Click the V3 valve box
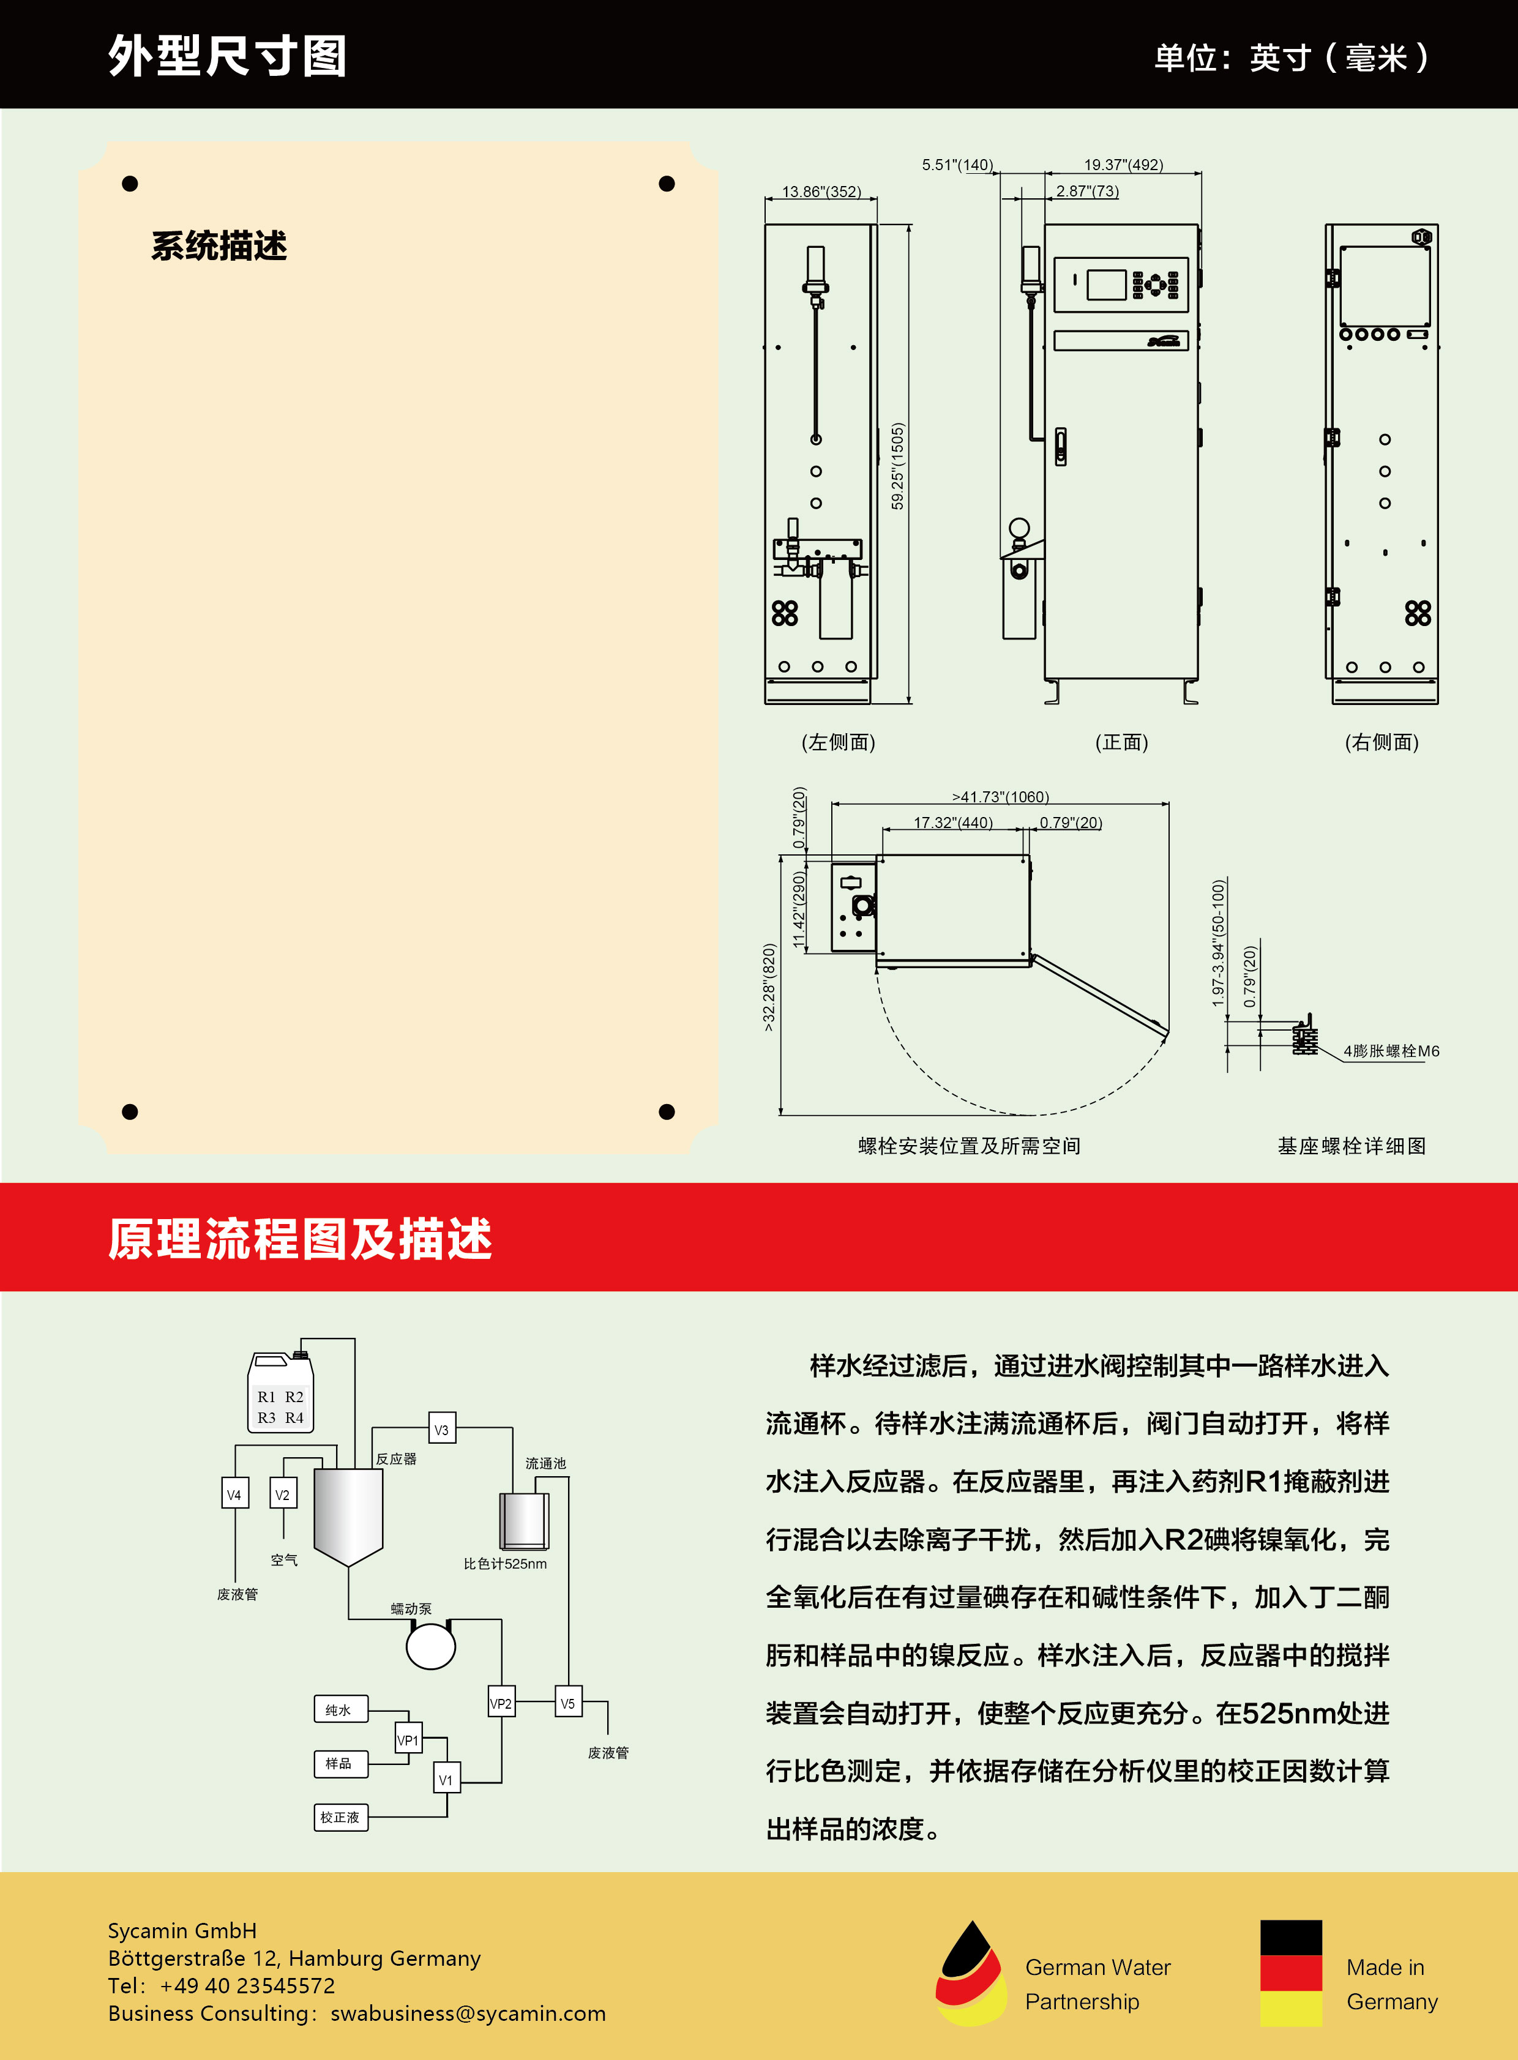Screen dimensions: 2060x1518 coord(442,1430)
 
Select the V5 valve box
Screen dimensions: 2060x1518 coord(568,1703)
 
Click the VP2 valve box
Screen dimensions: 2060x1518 coord(501,1703)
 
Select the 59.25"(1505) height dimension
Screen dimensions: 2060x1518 coord(898,466)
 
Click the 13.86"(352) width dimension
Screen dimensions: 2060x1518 coord(821,191)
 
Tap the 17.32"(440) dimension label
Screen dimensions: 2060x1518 coord(953,823)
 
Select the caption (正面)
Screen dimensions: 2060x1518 coord(1121,742)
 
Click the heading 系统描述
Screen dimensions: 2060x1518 coord(219,246)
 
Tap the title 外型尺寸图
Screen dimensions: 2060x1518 coord(227,56)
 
